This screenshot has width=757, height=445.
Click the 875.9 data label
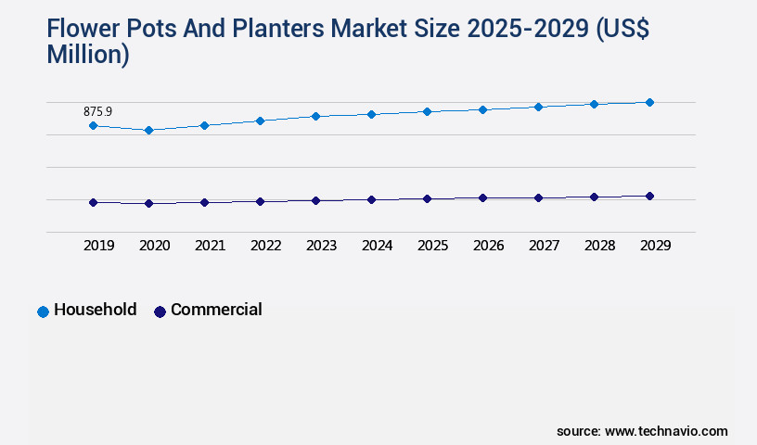click(97, 111)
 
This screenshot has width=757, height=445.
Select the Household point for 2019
click(93, 125)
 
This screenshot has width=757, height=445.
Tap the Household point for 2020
click(148, 131)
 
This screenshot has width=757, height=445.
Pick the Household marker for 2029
click(649, 102)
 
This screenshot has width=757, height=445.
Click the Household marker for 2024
click(371, 114)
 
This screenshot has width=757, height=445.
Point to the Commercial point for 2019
click(93, 202)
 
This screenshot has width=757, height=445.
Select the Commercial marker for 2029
click(649, 196)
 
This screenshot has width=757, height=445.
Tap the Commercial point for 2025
click(427, 198)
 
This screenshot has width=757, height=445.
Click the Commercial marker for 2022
click(260, 201)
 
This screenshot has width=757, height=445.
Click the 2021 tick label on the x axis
click(210, 246)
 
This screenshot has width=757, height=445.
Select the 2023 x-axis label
click(321, 246)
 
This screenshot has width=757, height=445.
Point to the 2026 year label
click(488, 246)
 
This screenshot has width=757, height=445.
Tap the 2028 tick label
click(599, 246)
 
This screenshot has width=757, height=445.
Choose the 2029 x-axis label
click(655, 246)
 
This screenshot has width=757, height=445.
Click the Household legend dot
click(43, 311)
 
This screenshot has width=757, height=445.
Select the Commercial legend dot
click(160, 311)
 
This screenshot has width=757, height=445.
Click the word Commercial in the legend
click(216, 310)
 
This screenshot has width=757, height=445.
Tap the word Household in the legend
click(95, 310)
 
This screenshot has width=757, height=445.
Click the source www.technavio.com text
click(642, 431)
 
